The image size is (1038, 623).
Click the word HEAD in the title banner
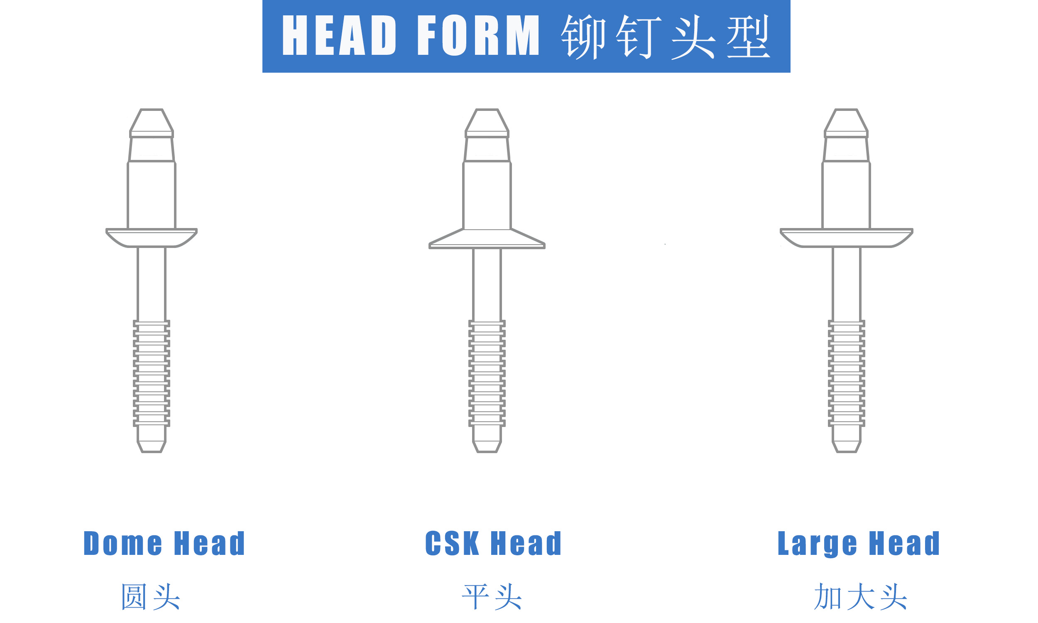coord(339,36)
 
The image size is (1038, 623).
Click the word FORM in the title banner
coord(478,36)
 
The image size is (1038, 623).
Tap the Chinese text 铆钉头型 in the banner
coord(666,37)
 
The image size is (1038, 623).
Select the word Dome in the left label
coord(122,543)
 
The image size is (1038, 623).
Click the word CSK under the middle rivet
coord(452,543)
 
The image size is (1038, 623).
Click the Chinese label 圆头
coord(151,596)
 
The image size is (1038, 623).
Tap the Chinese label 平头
coord(492,596)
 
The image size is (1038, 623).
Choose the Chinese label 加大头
coord(860,596)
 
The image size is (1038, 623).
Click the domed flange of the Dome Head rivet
coord(152,238)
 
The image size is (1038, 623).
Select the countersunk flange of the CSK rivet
coord(487,239)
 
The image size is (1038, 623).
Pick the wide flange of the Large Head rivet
coord(846,238)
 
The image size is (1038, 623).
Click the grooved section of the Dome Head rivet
coord(152,373)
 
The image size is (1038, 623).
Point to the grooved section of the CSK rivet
coord(487,373)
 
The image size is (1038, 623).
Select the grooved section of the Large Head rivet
coord(846,373)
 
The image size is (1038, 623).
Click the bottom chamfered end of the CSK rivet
coord(487,446)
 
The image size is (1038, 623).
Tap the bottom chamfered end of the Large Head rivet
coord(846,446)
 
